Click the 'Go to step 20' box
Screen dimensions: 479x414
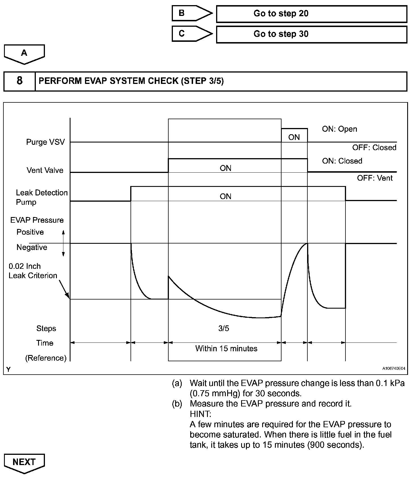[x=311, y=14]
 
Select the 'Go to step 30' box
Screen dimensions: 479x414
[x=311, y=34]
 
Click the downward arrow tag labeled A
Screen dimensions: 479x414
[x=24, y=54]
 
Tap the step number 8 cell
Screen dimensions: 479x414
[x=19, y=81]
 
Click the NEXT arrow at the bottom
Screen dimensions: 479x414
[x=24, y=463]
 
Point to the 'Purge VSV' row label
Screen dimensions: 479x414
[x=45, y=142]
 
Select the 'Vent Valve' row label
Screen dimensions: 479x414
[x=45, y=170]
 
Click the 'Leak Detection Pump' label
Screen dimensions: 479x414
[x=42, y=197]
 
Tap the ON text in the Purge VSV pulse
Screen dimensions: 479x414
[x=294, y=137]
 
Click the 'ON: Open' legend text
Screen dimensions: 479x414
[x=340, y=129]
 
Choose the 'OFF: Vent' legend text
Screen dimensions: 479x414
[x=375, y=178]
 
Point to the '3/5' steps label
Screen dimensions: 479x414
[x=224, y=329]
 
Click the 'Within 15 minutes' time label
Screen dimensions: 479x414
[x=226, y=349]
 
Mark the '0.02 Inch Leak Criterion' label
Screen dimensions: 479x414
[x=33, y=271]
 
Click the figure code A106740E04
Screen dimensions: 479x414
[x=394, y=369]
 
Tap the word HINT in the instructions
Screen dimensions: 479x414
[x=200, y=414]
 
